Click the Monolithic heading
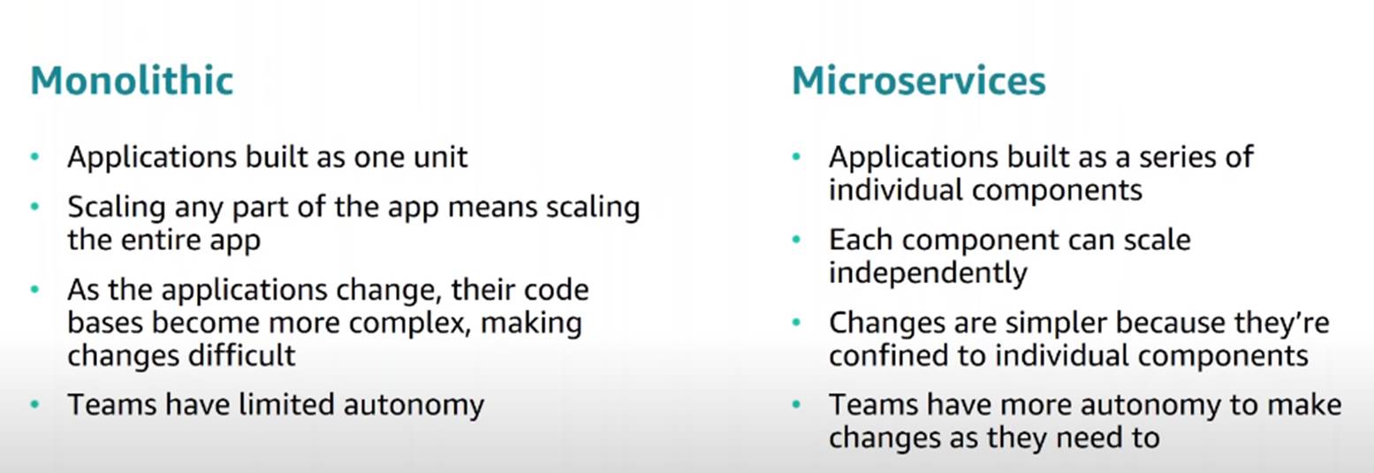(x=132, y=81)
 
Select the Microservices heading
(x=918, y=81)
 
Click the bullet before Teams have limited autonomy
(x=35, y=405)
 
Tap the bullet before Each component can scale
(x=797, y=240)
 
